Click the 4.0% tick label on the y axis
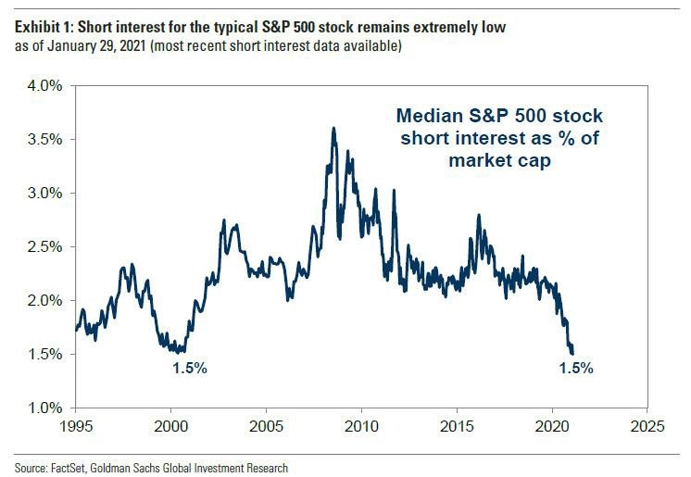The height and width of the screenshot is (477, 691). (x=45, y=86)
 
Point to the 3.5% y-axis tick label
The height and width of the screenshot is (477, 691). (x=45, y=140)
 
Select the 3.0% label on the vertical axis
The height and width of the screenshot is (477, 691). (x=45, y=194)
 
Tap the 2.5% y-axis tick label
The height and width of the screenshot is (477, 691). (x=45, y=247)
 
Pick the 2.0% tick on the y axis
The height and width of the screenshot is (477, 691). (x=45, y=301)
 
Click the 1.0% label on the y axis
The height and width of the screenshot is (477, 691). (x=45, y=408)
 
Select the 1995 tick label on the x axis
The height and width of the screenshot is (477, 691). (x=76, y=426)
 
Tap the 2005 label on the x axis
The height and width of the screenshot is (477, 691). (x=266, y=426)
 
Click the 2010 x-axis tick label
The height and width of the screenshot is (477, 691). (x=361, y=426)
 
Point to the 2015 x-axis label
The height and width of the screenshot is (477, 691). (x=457, y=426)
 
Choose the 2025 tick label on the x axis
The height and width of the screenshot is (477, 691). (x=647, y=426)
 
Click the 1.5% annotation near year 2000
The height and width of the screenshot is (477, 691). (x=190, y=368)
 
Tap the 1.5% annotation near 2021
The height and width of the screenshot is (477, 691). (x=576, y=368)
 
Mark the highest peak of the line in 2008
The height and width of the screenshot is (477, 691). (x=333, y=129)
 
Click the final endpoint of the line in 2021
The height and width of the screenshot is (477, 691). (x=572, y=353)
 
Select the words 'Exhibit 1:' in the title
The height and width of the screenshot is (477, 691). (x=44, y=28)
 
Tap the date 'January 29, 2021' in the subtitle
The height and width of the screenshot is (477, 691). (x=96, y=46)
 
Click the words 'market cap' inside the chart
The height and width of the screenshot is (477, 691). (x=500, y=160)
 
